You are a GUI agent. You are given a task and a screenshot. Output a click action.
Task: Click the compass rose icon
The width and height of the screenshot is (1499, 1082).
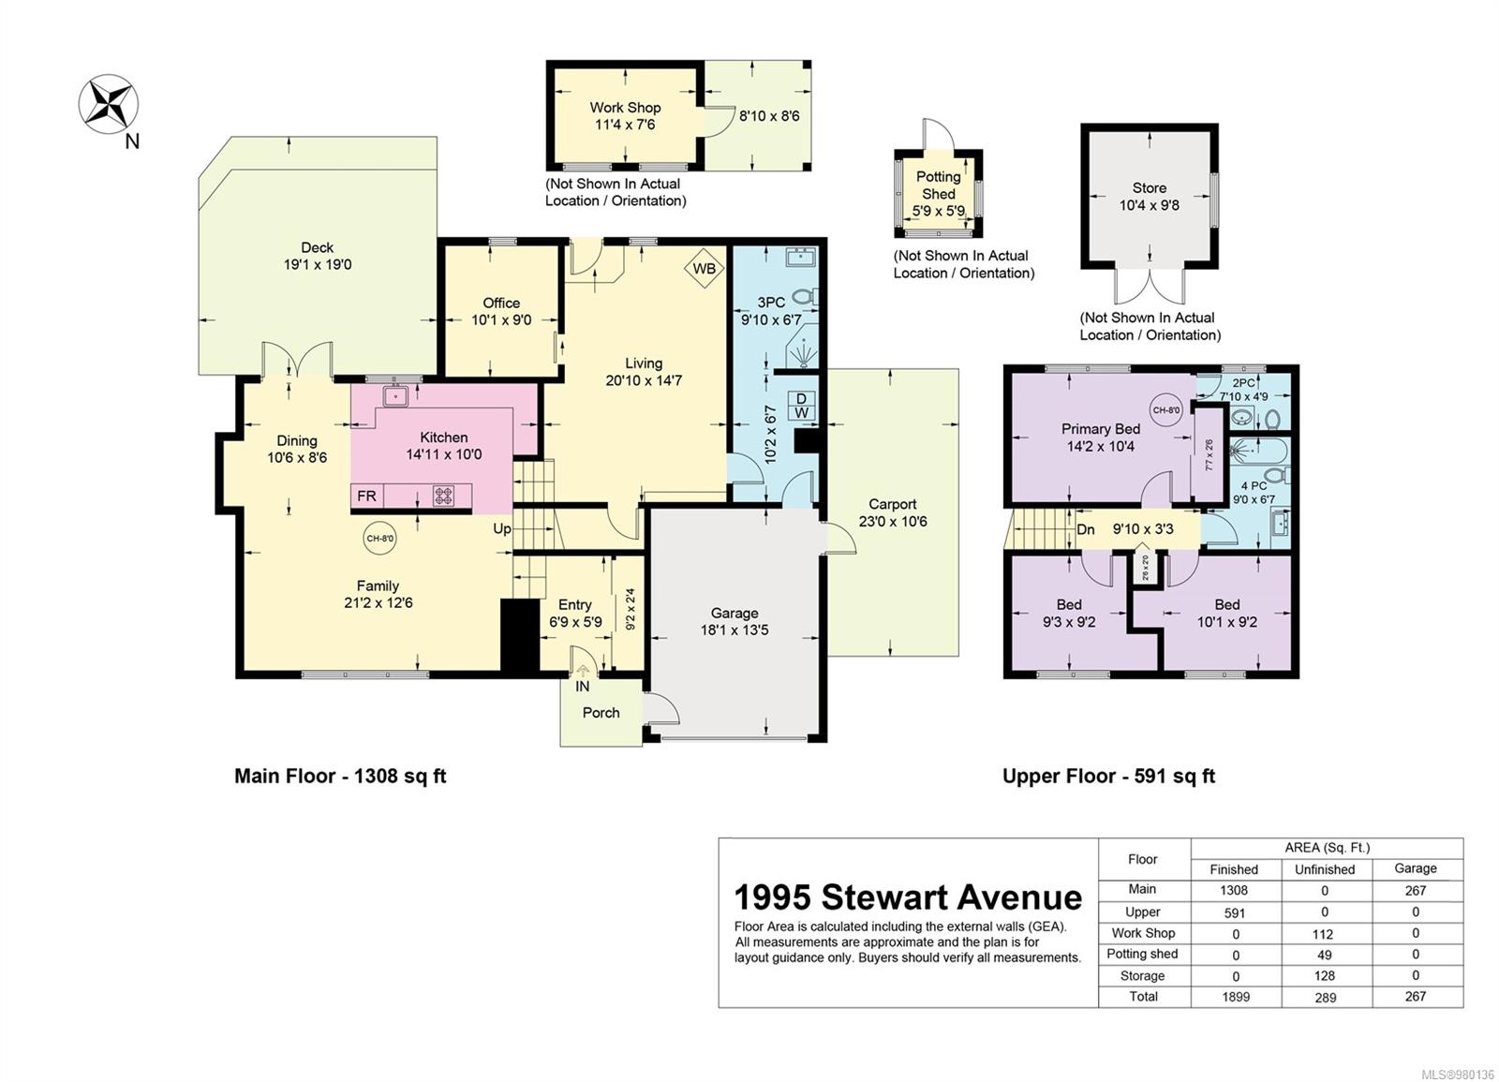point(108,103)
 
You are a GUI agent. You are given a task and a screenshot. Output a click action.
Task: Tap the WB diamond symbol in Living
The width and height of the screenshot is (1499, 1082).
point(704,269)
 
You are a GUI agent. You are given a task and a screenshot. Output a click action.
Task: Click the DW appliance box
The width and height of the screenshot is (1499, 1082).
point(802,406)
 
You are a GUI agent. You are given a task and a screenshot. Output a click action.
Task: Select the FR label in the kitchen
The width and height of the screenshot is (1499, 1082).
point(366,497)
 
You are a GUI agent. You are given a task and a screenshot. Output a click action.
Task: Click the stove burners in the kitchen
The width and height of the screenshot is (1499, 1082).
point(443,497)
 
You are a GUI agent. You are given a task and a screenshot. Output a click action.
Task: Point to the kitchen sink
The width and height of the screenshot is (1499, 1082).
point(395,396)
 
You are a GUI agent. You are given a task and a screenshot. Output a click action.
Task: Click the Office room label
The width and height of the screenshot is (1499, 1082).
point(501,303)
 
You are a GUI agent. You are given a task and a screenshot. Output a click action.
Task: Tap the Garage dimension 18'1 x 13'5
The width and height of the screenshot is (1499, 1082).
point(735,630)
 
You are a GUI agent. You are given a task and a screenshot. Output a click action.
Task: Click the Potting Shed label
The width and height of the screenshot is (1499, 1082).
point(939,185)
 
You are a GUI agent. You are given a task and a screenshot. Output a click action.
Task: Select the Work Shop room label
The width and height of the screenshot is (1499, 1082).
point(625,108)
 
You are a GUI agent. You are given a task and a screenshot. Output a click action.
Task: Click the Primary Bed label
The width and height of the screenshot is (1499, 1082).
point(1101,429)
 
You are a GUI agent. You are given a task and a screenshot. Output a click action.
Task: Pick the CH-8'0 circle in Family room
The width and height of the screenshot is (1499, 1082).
point(379,538)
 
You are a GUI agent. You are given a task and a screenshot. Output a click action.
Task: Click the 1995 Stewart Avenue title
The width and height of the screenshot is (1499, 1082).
point(907,897)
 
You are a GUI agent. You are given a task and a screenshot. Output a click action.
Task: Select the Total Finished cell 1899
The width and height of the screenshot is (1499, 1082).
point(1236,997)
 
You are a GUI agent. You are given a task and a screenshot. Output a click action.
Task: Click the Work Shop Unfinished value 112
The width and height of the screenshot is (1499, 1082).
point(1324,934)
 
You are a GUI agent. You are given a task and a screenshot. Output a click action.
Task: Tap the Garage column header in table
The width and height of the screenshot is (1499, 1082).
point(1415,868)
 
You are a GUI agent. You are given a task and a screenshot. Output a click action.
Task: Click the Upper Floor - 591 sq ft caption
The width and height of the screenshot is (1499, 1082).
point(1108,776)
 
